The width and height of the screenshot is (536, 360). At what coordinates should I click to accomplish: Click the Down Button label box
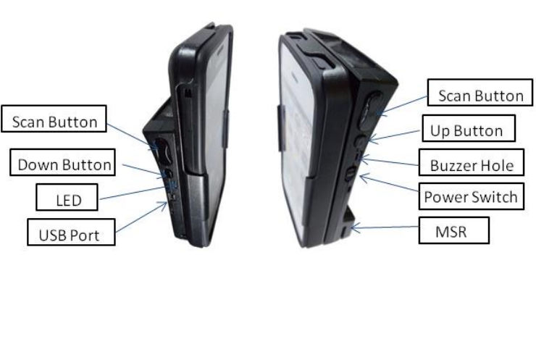click(x=64, y=164)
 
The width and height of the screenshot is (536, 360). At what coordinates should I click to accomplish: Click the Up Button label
click(x=466, y=130)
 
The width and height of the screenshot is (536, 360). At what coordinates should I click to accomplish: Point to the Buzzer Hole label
click(x=472, y=165)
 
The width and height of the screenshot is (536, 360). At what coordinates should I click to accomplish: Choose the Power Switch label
click(x=471, y=197)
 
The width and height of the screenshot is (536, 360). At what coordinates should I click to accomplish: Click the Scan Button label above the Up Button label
click(x=480, y=96)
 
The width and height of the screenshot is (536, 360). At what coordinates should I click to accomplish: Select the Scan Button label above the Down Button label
click(x=55, y=121)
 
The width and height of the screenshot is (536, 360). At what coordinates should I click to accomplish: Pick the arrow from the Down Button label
click(x=142, y=170)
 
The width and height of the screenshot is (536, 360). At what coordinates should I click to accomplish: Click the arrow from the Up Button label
click(x=394, y=134)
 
